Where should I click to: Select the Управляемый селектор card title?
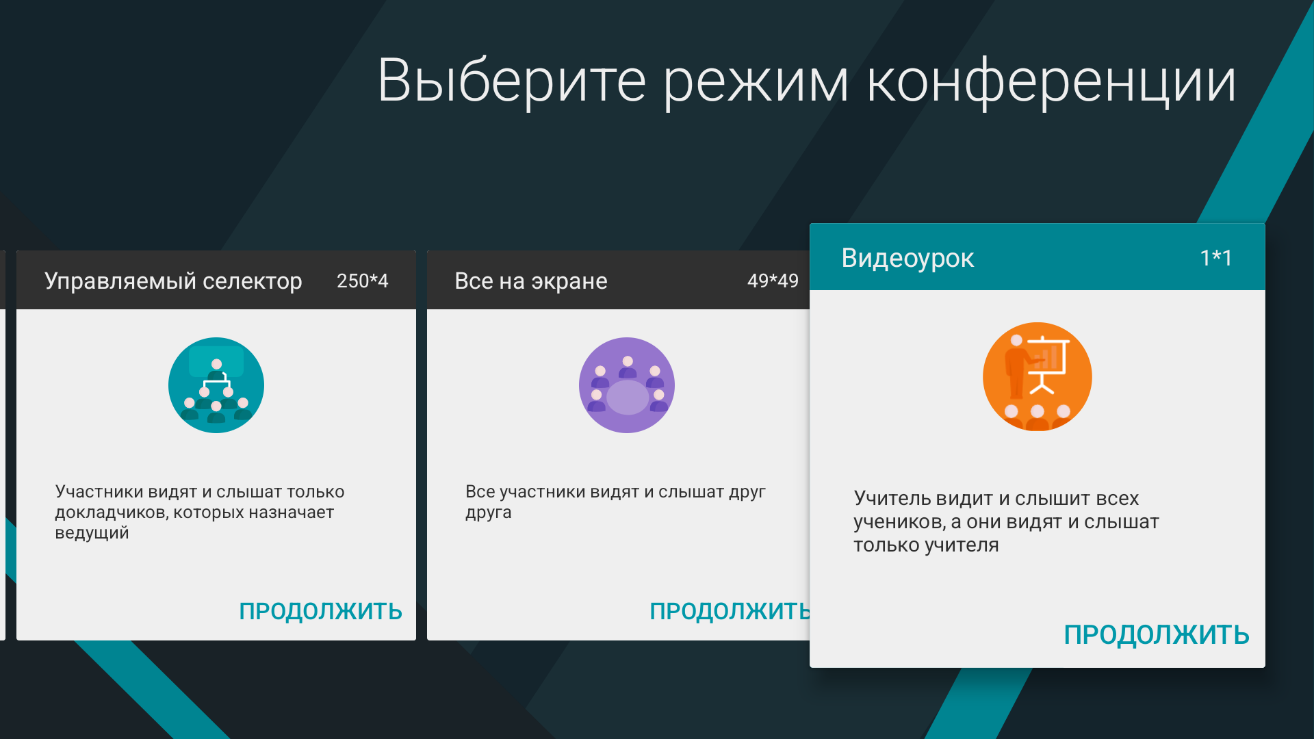173,281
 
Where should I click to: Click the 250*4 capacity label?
362,281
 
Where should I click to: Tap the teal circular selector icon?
216,385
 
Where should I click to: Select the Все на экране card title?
530,281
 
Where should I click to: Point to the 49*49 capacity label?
773,281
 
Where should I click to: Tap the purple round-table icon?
627,385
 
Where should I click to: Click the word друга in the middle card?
488,513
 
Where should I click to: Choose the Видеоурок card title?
907,258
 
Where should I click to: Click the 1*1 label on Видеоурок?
1215,258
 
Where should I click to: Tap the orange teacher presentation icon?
1037,377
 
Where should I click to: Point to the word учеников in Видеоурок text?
899,522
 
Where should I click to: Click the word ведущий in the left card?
92,533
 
